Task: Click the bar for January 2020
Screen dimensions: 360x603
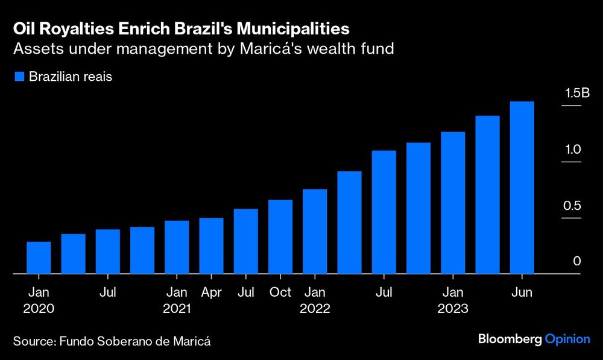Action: pos(39,257)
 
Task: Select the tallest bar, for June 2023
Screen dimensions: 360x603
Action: pos(522,188)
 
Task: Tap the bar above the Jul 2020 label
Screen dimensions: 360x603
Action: pos(108,251)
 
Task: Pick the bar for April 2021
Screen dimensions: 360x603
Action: pos(212,246)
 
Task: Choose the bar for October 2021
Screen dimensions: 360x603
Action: pos(280,237)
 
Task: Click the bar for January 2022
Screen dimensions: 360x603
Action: pos(315,232)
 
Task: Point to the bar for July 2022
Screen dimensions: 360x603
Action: pos(384,212)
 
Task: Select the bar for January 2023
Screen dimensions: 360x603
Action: pos(453,203)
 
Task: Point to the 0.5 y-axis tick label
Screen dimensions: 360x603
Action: pos(572,206)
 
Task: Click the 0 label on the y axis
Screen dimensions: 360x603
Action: pos(576,262)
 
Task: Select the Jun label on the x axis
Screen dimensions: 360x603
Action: pos(522,292)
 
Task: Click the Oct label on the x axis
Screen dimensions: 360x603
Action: pos(280,292)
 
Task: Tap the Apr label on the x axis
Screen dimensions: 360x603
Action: pos(212,292)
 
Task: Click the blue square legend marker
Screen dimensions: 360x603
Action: pos(19,77)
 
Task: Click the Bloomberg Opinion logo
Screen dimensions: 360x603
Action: pos(534,339)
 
